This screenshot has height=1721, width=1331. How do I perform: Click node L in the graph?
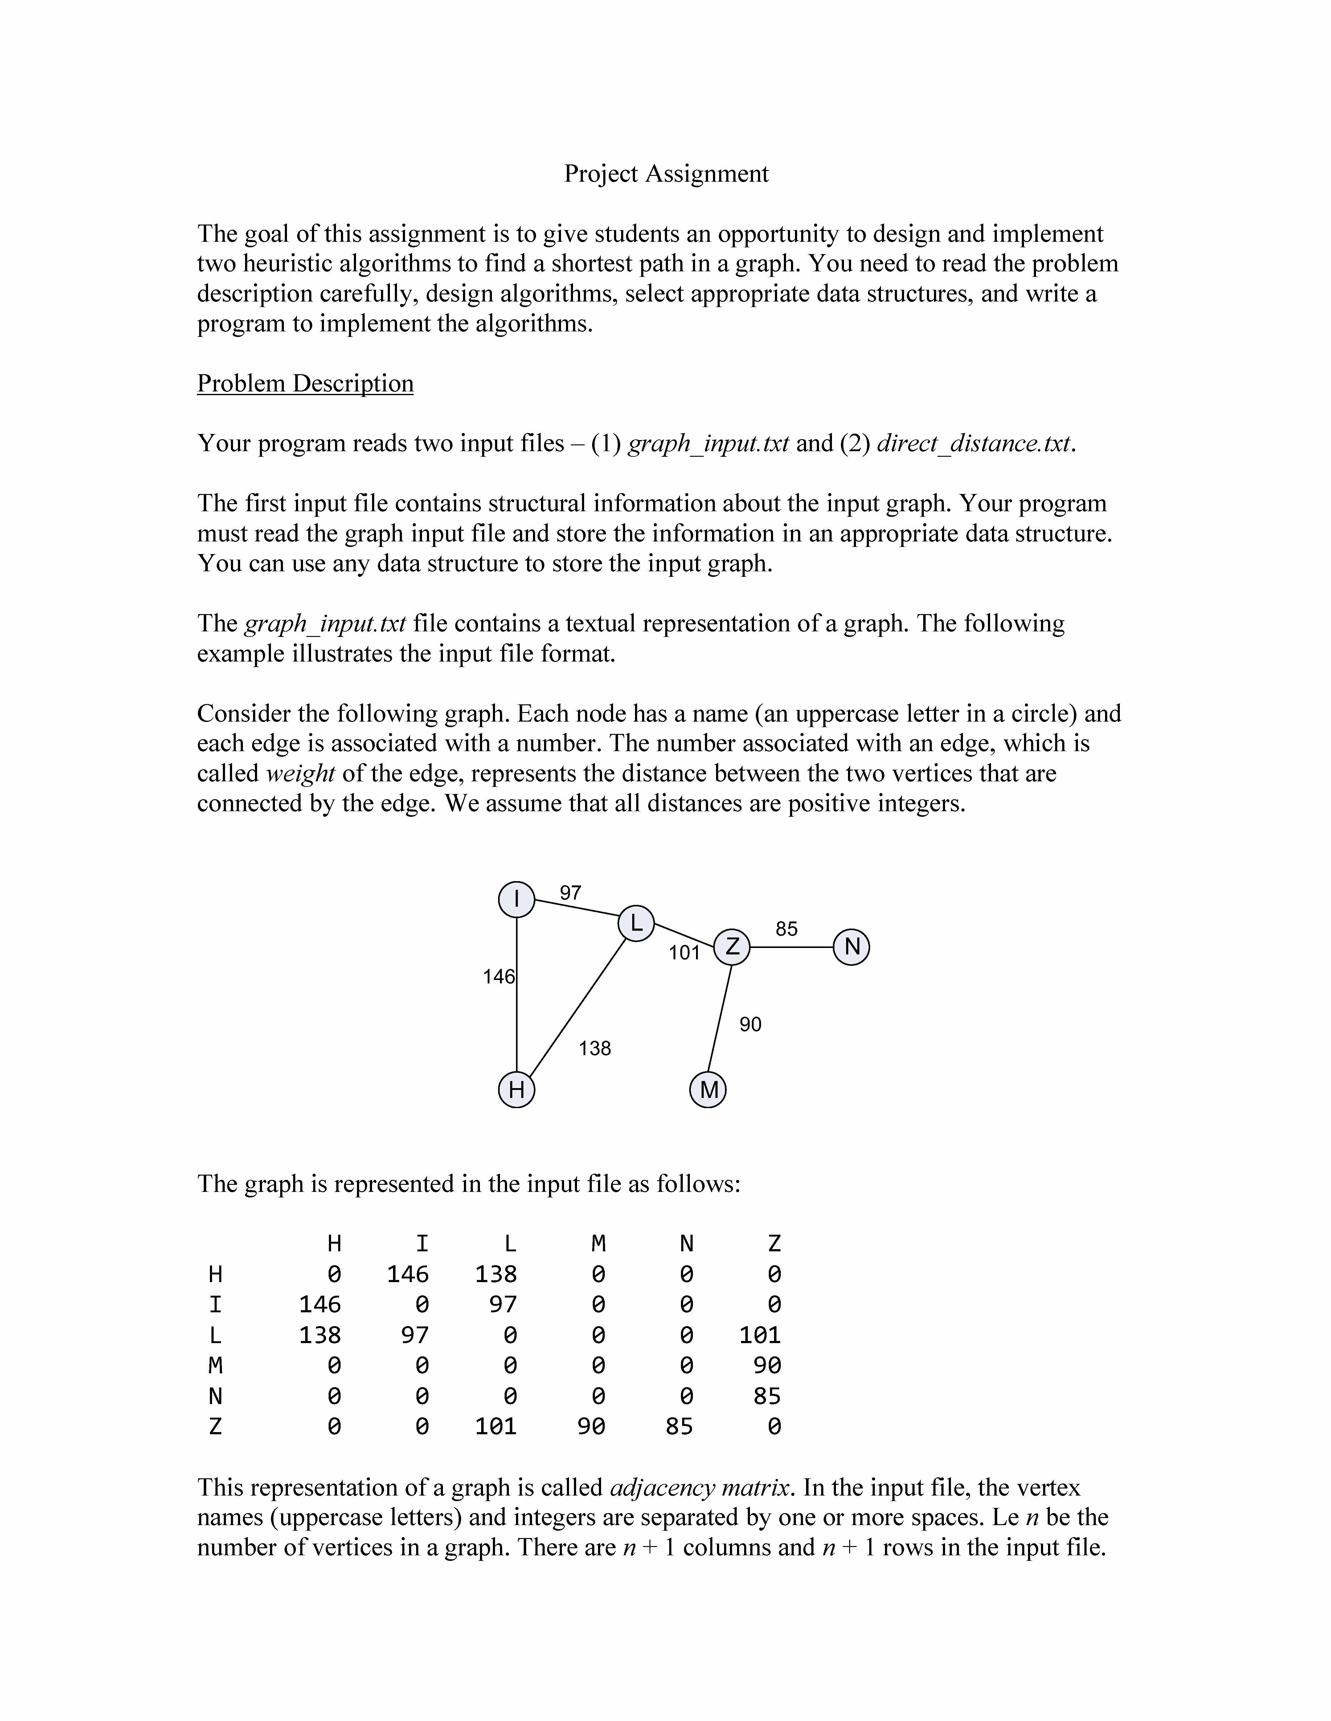(636, 923)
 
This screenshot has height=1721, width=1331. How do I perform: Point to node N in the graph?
(852, 946)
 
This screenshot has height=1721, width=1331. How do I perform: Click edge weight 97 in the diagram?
(570, 893)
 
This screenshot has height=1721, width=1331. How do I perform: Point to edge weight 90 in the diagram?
(750, 1024)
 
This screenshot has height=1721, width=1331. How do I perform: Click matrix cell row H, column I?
(408, 1274)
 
